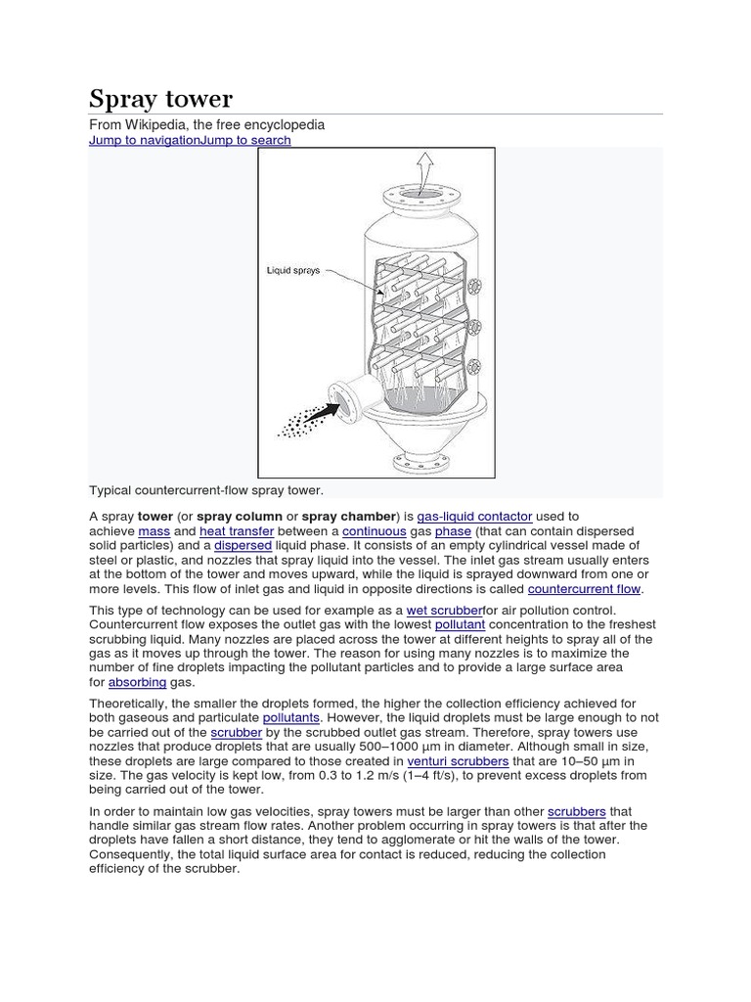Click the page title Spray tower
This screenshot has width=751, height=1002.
[x=161, y=99]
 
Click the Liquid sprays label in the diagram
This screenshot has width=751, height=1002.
[x=293, y=270]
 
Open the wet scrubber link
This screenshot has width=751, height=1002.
[x=444, y=610]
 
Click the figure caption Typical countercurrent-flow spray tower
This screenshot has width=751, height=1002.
[x=206, y=488]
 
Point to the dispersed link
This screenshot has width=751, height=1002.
[x=243, y=545]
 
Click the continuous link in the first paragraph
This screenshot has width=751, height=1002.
[x=375, y=530]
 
